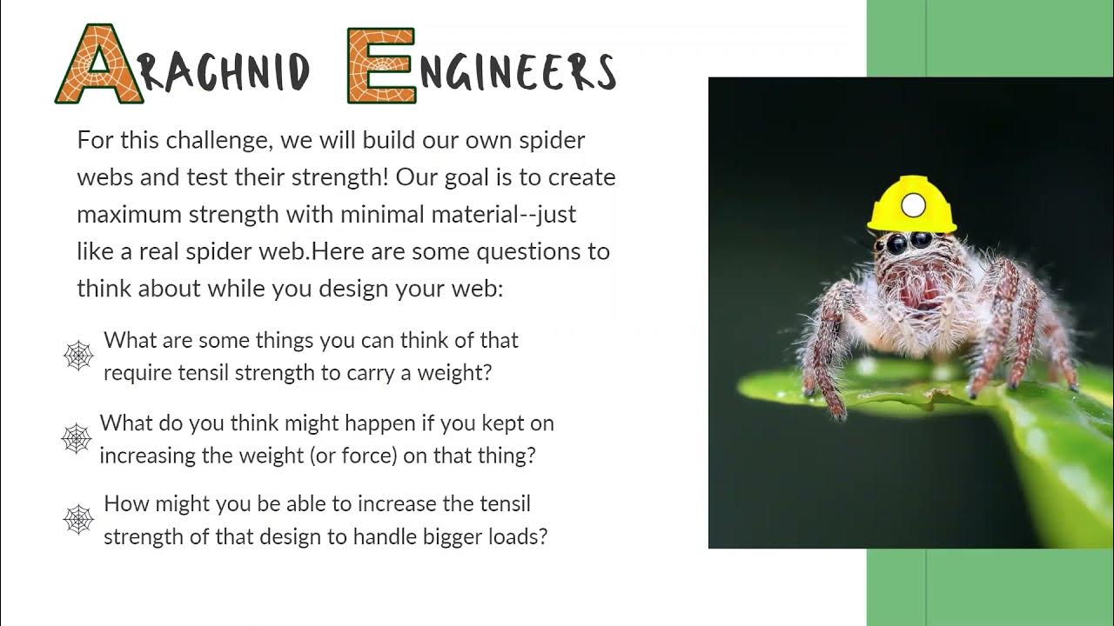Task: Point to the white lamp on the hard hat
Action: click(x=913, y=205)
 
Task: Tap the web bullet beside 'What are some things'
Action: click(x=78, y=356)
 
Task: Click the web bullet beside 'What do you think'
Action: click(x=77, y=439)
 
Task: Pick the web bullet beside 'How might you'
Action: click(x=78, y=519)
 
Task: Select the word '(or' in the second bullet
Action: click(x=324, y=456)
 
